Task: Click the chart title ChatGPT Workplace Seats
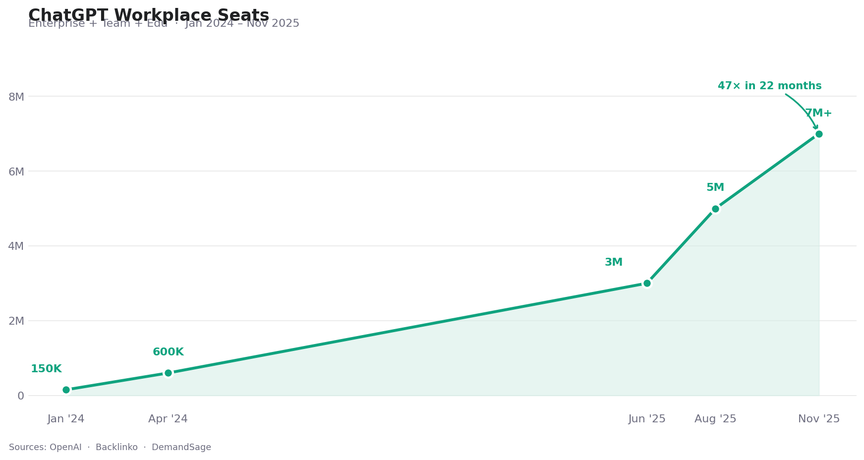[x=149, y=15]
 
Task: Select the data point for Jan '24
[x=66, y=390]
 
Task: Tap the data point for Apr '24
[x=168, y=373]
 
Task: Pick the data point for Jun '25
[x=647, y=283]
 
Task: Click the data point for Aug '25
[x=715, y=209]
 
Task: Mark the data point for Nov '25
[x=819, y=134]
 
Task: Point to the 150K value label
[x=46, y=369]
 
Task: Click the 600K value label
[x=168, y=352]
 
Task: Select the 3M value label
[x=614, y=262]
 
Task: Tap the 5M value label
[x=715, y=187]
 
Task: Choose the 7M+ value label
[x=818, y=113]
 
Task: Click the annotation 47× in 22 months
[x=769, y=86]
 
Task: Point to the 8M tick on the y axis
[x=16, y=97]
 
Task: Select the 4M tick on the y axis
[x=16, y=246]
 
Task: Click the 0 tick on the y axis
[x=21, y=396]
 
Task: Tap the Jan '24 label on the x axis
[x=66, y=419]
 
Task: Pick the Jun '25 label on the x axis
[x=647, y=419]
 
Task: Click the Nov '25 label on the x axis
[x=819, y=419]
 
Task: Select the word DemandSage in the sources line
[x=181, y=447]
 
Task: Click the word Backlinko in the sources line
[x=116, y=447]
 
